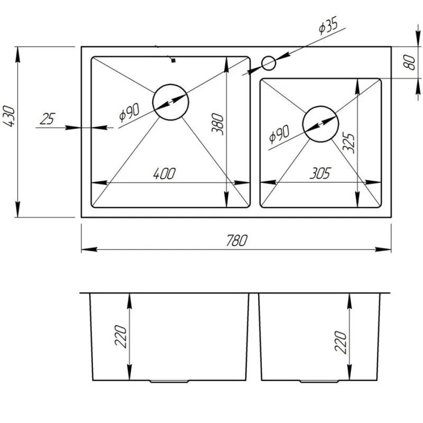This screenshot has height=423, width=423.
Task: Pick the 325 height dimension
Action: pyautogui.click(x=347, y=142)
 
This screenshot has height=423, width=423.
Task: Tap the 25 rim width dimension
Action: pyautogui.click(x=48, y=119)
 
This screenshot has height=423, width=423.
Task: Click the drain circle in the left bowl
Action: pyautogui.click(x=170, y=102)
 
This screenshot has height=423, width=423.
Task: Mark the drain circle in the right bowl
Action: pyautogui.click(x=320, y=124)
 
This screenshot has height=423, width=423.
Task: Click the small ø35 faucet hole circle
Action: pyautogui.click(x=269, y=63)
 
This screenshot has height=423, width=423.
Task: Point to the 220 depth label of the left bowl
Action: pyautogui.click(x=120, y=336)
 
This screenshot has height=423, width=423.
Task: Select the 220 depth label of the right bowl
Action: pyautogui.click(x=341, y=342)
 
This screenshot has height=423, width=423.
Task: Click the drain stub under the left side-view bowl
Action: pyautogui.click(x=170, y=381)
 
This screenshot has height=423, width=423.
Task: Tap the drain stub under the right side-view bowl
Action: pyautogui.click(x=320, y=381)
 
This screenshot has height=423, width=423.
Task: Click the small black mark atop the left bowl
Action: pyautogui.click(x=173, y=61)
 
